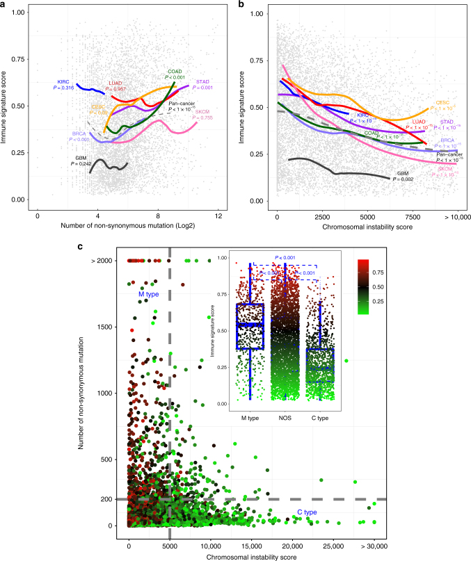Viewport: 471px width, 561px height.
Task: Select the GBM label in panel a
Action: click(x=81, y=158)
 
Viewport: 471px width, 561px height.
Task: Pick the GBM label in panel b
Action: click(x=403, y=174)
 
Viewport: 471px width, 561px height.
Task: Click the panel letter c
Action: click(x=83, y=246)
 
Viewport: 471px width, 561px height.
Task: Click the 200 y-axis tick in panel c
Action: click(x=113, y=499)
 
